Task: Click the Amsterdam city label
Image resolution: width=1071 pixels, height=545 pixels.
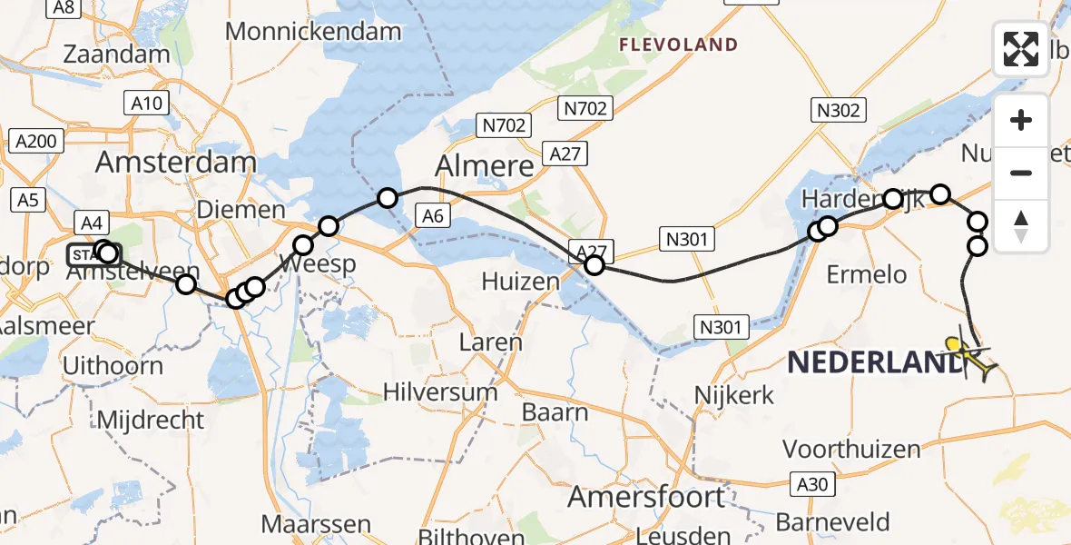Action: [176, 163]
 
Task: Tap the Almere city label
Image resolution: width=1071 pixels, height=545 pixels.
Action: [485, 166]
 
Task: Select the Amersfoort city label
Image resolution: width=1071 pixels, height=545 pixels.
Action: [646, 498]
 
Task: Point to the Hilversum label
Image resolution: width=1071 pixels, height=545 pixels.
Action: [440, 393]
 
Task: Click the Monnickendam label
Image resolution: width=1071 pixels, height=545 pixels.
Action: [313, 32]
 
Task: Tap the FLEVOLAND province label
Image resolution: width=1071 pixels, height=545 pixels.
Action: [678, 45]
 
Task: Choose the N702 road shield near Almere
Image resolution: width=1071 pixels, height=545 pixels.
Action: [505, 125]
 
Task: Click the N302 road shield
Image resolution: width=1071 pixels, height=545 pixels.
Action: [838, 111]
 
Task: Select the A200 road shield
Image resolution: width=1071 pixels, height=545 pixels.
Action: [36, 141]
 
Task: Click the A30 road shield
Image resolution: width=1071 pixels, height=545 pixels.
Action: [809, 484]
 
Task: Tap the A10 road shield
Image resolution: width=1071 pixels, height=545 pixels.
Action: [146, 104]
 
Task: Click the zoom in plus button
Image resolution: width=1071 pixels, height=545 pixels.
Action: [1021, 120]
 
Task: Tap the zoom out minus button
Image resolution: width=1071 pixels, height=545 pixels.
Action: [1021, 173]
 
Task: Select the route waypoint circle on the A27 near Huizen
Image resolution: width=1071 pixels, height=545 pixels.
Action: [594, 265]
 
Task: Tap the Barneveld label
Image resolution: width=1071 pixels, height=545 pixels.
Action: [833, 522]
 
